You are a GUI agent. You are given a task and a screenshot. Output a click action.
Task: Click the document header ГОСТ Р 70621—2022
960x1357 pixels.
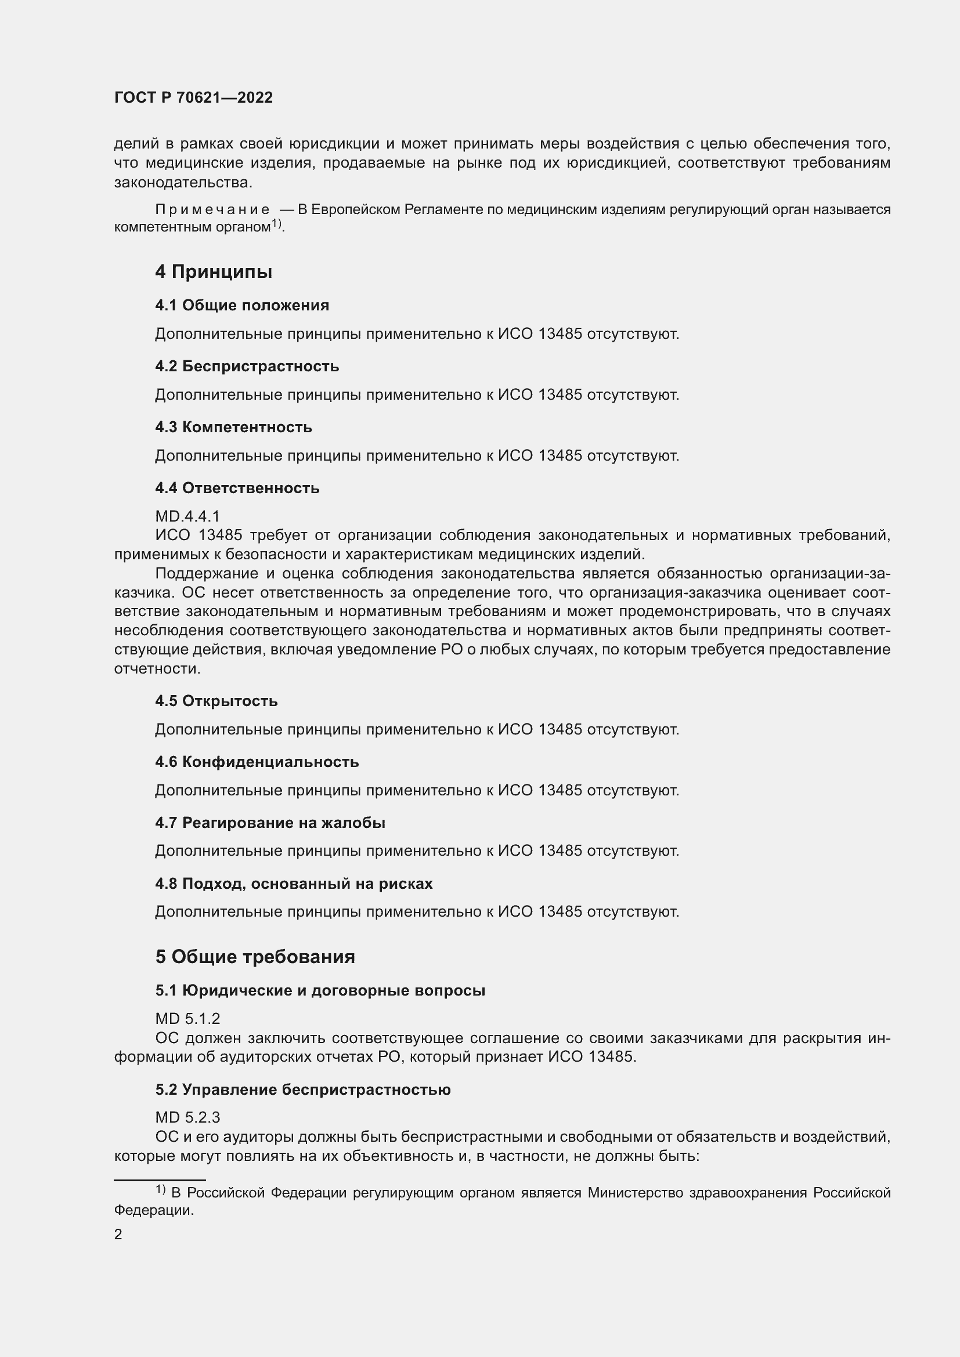(x=193, y=98)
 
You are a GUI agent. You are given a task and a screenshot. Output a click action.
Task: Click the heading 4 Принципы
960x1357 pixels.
(x=214, y=272)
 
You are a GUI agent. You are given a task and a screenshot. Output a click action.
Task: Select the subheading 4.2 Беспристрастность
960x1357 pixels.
(x=247, y=367)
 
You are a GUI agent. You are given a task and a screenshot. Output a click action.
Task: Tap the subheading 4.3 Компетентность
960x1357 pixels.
(x=233, y=428)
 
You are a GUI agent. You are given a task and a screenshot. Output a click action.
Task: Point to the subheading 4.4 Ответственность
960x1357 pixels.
(x=237, y=488)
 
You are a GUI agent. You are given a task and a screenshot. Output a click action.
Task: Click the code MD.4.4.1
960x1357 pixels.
(x=187, y=516)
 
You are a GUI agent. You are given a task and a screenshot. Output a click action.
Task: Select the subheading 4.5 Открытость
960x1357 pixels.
(x=216, y=701)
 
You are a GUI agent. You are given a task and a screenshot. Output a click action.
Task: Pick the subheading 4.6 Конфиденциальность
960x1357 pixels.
(x=257, y=762)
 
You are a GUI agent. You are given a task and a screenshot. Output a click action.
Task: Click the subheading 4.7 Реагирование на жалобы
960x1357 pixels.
(x=270, y=823)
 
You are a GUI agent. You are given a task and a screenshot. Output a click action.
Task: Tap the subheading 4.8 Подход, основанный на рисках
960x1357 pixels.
(x=294, y=884)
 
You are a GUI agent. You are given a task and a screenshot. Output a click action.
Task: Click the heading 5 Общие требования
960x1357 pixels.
(x=255, y=957)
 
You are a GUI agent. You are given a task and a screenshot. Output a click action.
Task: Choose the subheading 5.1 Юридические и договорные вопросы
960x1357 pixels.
(x=320, y=990)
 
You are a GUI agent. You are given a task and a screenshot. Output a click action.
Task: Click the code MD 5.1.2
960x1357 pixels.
(x=187, y=1019)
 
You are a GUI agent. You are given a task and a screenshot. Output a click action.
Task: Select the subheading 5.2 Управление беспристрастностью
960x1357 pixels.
(x=302, y=1090)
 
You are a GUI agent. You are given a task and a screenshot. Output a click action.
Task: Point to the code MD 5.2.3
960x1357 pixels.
(x=187, y=1117)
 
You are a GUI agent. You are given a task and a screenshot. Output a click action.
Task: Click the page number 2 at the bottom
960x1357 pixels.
(x=118, y=1234)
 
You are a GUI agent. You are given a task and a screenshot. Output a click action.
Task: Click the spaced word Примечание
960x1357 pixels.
(x=212, y=210)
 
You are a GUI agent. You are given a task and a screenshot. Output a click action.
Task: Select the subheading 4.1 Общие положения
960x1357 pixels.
(x=242, y=306)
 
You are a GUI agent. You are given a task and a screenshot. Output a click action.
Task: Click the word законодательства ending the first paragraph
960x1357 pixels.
(x=182, y=183)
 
